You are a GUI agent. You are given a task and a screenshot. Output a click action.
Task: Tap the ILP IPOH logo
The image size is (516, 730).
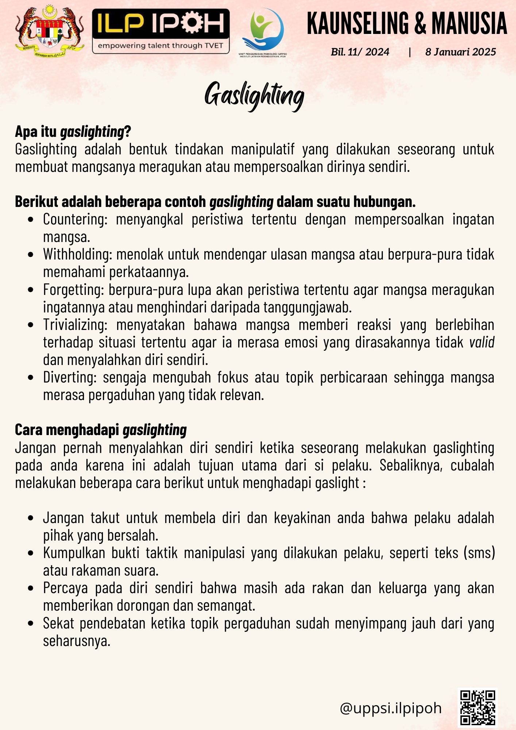coord(161,31)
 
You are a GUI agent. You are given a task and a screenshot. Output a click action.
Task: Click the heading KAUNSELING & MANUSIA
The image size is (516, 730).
coord(407,23)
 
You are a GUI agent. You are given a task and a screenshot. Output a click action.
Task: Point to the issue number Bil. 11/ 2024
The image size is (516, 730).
coord(360,52)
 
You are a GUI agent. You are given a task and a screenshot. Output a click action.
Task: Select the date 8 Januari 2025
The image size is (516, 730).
coord(461,52)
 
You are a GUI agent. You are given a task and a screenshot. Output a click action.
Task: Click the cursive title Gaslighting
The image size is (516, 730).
coord(254,95)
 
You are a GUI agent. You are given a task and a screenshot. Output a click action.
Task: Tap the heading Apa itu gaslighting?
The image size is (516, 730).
coord(73,132)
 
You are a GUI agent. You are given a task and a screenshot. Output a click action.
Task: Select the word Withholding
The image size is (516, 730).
coord(77,254)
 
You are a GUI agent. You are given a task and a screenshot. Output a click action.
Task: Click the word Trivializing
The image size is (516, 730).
coord(75,325)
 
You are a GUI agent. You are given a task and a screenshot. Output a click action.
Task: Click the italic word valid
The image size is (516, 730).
coord(482,342)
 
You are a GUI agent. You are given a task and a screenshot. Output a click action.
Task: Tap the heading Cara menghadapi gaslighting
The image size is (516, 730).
coord(101,430)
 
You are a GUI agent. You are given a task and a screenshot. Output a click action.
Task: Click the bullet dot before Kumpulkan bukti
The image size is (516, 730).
coord(31,553)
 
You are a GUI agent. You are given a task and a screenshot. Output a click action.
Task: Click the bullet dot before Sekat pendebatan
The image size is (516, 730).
coord(31,623)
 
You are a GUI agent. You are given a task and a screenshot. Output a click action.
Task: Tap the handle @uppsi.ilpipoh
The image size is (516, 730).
coord(390,708)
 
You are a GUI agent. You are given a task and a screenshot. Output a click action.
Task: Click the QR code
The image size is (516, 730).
coord(477,707)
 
